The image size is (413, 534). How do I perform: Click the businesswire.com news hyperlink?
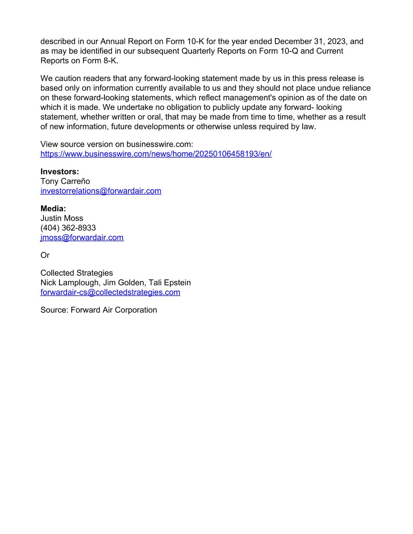pyautogui.click(x=156, y=154)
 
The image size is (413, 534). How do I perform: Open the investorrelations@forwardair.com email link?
pyautogui.click(x=101, y=191)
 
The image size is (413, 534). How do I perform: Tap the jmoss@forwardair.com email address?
pyautogui.click(x=82, y=237)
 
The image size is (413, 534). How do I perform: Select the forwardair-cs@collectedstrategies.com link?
pyautogui.click(x=110, y=292)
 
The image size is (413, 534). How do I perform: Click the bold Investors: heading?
pyautogui.click(x=60, y=171)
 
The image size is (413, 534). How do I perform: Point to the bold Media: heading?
pyautogui.click(x=53, y=209)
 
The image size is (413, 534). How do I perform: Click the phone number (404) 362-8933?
pyautogui.click(x=68, y=228)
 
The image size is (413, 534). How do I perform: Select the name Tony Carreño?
pyautogui.click(x=65, y=181)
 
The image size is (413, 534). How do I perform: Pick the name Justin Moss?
pyautogui.click(x=62, y=218)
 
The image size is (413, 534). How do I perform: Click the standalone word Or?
pyautogui.click(x=45, y=255)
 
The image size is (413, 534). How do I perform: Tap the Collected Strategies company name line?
pyautogui.click(x=76, y=273)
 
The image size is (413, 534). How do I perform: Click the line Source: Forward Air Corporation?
pyautogui.click(x=99, y=310)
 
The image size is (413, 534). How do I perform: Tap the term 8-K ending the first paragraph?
pyautogui.click(x=110, y=61)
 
